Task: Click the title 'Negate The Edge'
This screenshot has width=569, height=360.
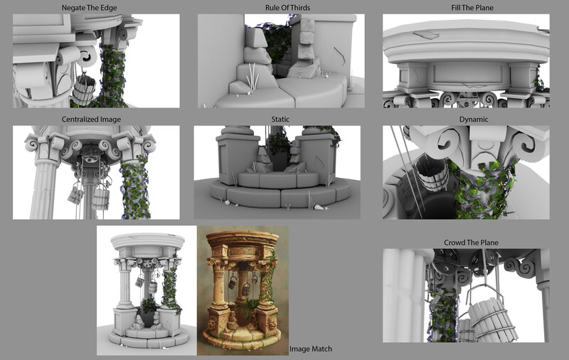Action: click(90, 8)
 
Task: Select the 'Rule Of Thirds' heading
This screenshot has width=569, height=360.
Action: click(287, 8)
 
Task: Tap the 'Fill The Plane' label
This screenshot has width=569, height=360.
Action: click(472, 8)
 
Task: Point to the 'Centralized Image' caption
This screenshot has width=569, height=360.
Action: click(91, 120)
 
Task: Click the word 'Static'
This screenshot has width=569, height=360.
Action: click(280, 120)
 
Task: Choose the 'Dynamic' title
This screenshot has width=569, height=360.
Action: click(474, 120)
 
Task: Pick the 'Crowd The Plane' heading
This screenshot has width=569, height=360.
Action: click(471, 243)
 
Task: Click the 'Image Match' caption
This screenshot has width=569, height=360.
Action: click(311, 349)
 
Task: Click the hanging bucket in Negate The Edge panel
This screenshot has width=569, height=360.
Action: click(83, 90)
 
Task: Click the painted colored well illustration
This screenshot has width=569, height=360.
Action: click(243, 290)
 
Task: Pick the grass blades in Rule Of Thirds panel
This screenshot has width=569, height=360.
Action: click(252, 76)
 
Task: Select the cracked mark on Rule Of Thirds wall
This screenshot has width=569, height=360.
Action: click(339, 56)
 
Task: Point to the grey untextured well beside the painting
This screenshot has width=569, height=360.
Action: click(147, 290)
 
